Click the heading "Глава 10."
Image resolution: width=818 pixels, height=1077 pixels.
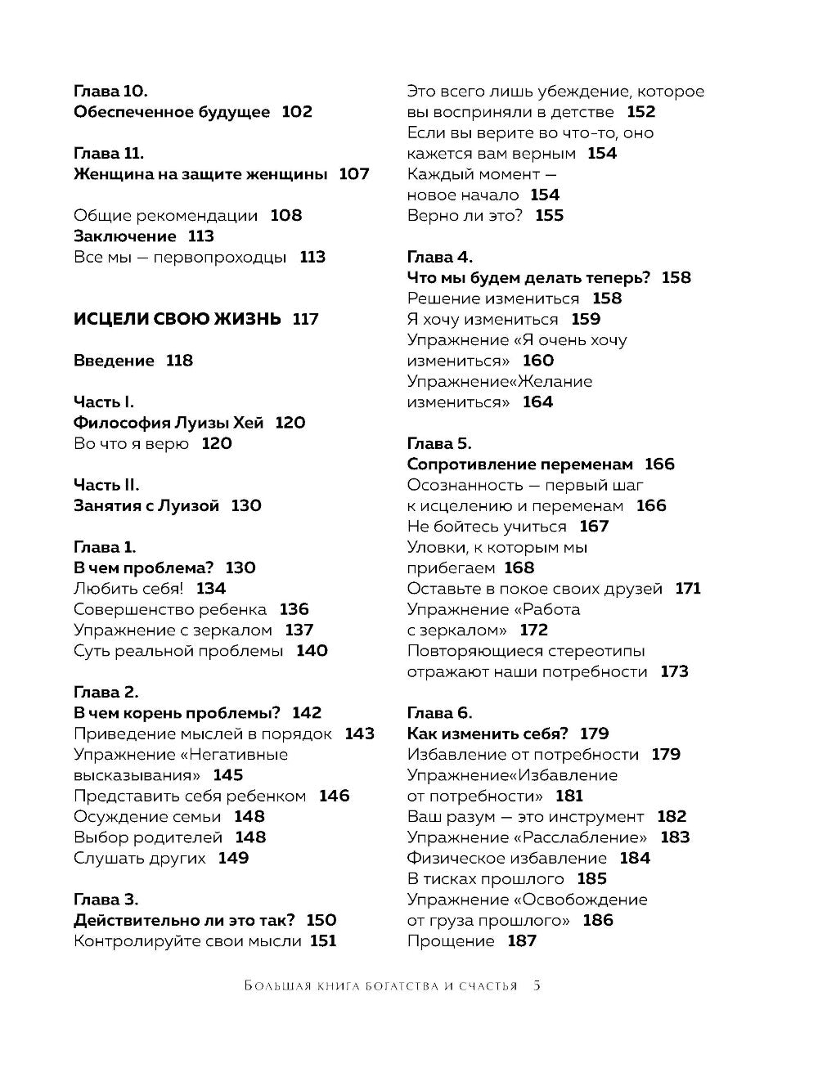[x=110, y=92]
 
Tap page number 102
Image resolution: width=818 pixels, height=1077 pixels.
[x=297, y=112]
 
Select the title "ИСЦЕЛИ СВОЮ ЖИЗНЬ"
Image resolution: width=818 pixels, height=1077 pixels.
[x=178, y=320]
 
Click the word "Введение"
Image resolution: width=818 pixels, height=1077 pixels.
[x=114, y=361]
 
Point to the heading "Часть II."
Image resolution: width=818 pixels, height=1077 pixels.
[x=106, y=485]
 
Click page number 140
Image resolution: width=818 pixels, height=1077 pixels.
[x=312, y=651]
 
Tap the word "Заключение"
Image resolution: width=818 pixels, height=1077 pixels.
[x=124, y=236]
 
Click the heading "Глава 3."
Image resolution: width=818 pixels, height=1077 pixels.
[x=106, y=900]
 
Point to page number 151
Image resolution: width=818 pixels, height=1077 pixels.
[x=323, y=941]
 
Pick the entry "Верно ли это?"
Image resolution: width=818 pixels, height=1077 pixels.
[x=465, y=216]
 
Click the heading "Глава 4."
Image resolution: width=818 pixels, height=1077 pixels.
[x=440, y=258]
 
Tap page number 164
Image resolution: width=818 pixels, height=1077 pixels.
[x=537, y=402]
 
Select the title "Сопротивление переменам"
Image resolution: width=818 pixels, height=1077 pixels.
[x=520, y=464]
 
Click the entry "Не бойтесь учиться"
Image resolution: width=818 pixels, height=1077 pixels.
[x=487, y=527]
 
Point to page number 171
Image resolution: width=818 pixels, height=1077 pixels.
[x=688, y=589]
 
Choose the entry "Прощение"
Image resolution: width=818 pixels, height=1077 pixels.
[x=451, y=941]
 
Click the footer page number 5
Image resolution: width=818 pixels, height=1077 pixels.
[x=537, y=985]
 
